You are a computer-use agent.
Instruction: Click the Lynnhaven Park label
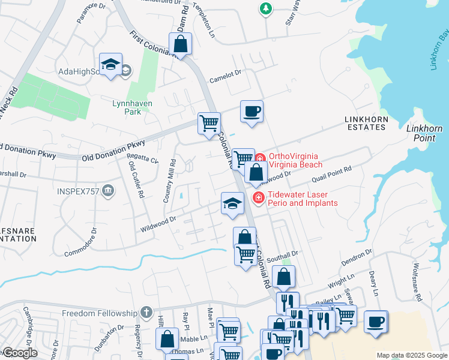[x=132, y=107]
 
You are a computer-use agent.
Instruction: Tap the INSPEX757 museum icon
[x=107, y=191]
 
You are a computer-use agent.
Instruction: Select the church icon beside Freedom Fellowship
[x=146, y=313]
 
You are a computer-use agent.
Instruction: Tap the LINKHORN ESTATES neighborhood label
[x=365, y=123]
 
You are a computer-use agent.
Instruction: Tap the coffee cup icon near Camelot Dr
[x=252, y=112]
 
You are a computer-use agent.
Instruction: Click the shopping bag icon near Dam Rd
[x=180, y=44]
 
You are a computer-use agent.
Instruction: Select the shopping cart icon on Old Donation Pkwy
[x=208, y=124]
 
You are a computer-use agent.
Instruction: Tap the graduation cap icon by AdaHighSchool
[x=111, y=65]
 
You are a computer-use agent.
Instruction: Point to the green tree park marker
[x=265, y=8]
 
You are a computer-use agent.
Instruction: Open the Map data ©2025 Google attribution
[x=411, y=355]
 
